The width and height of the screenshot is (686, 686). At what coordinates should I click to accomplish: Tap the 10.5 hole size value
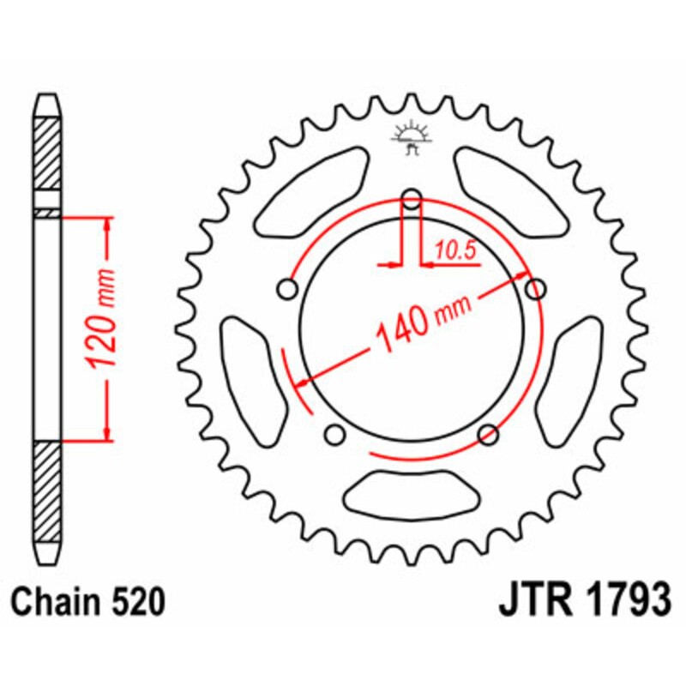pyautogui.click(x=454, y=250)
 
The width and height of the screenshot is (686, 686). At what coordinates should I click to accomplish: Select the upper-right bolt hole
pyautogui.click(x=535, y=289)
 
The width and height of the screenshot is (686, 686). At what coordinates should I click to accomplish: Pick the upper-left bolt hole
pyautogui.click(x=288, y=290)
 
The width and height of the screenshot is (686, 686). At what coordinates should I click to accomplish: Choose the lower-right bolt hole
pyautogui.click(x=489, y=434)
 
